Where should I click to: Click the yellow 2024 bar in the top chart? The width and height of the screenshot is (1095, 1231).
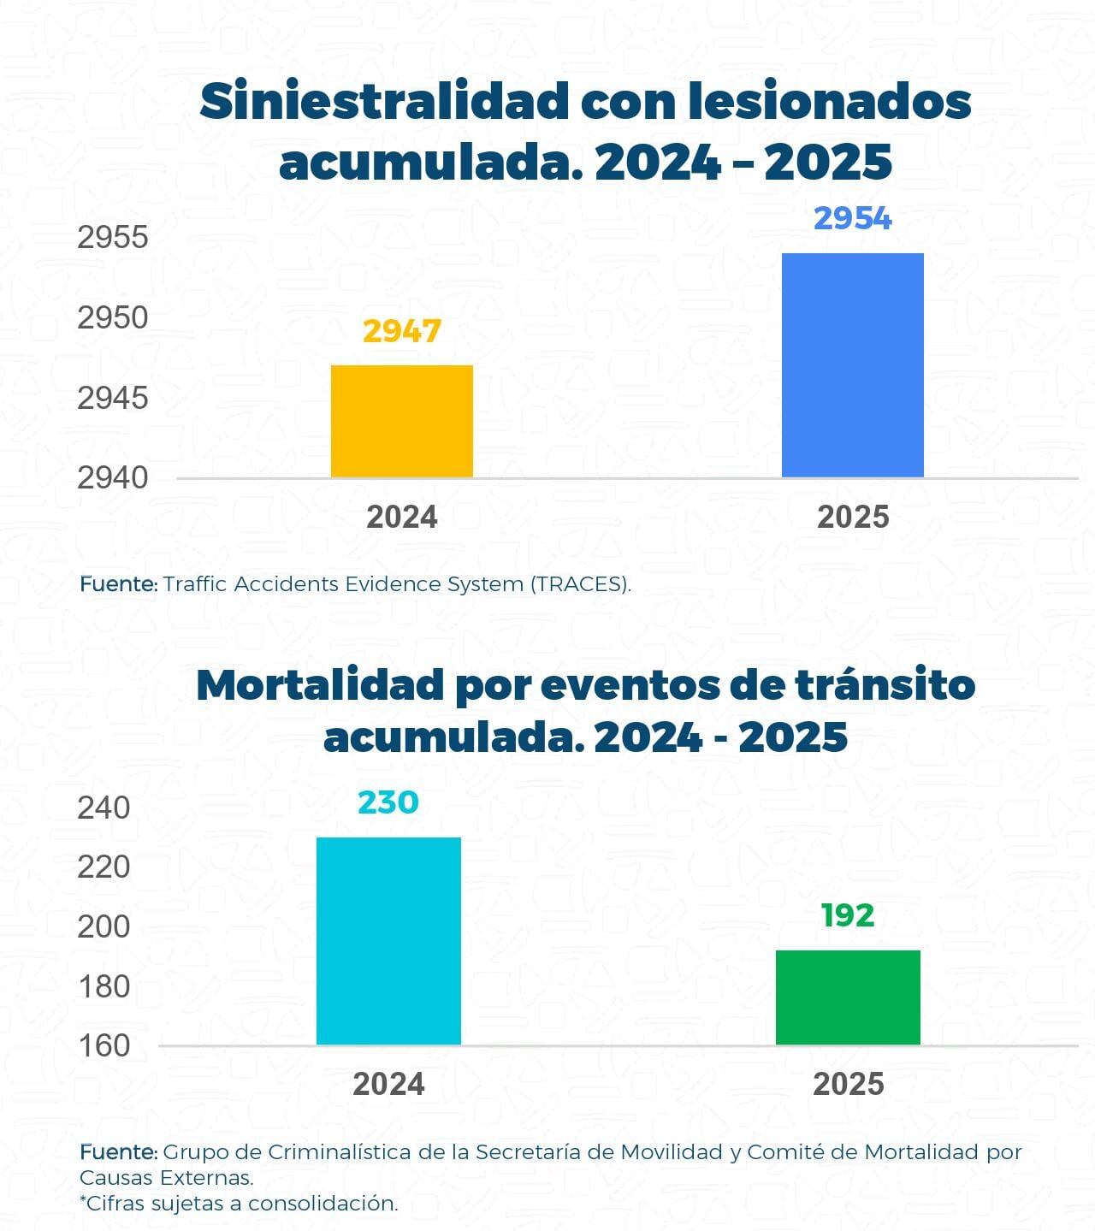coord(401,421)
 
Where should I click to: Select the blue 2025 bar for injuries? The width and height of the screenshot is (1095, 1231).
coord(852,365)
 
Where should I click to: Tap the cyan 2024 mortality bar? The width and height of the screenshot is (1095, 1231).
coord(388,940)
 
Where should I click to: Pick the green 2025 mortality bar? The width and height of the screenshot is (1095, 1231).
coord(848,997)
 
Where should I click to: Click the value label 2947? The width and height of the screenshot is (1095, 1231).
coord(401,331)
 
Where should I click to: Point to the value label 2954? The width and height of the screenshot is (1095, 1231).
coord(852,219)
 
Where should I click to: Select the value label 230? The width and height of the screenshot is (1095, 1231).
coord(388,802)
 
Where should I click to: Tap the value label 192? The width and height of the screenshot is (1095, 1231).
coord(847,915)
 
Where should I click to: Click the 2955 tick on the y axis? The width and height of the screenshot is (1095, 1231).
coord(113,238)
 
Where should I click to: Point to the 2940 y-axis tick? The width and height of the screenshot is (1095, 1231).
coord(113,477)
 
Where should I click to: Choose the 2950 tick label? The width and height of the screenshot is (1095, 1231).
coord(113,318)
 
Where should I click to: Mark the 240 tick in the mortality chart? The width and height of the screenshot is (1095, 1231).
coord(104,808)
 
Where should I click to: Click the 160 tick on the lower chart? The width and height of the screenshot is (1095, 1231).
coord(104,1045)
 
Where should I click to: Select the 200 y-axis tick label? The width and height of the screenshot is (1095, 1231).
coord(104,926)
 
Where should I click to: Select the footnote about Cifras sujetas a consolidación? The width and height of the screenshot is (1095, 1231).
coord(239,1203)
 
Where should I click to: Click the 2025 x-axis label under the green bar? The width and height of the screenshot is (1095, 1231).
coord(848,1085)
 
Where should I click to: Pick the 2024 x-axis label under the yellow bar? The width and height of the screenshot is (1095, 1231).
coord(401,518)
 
